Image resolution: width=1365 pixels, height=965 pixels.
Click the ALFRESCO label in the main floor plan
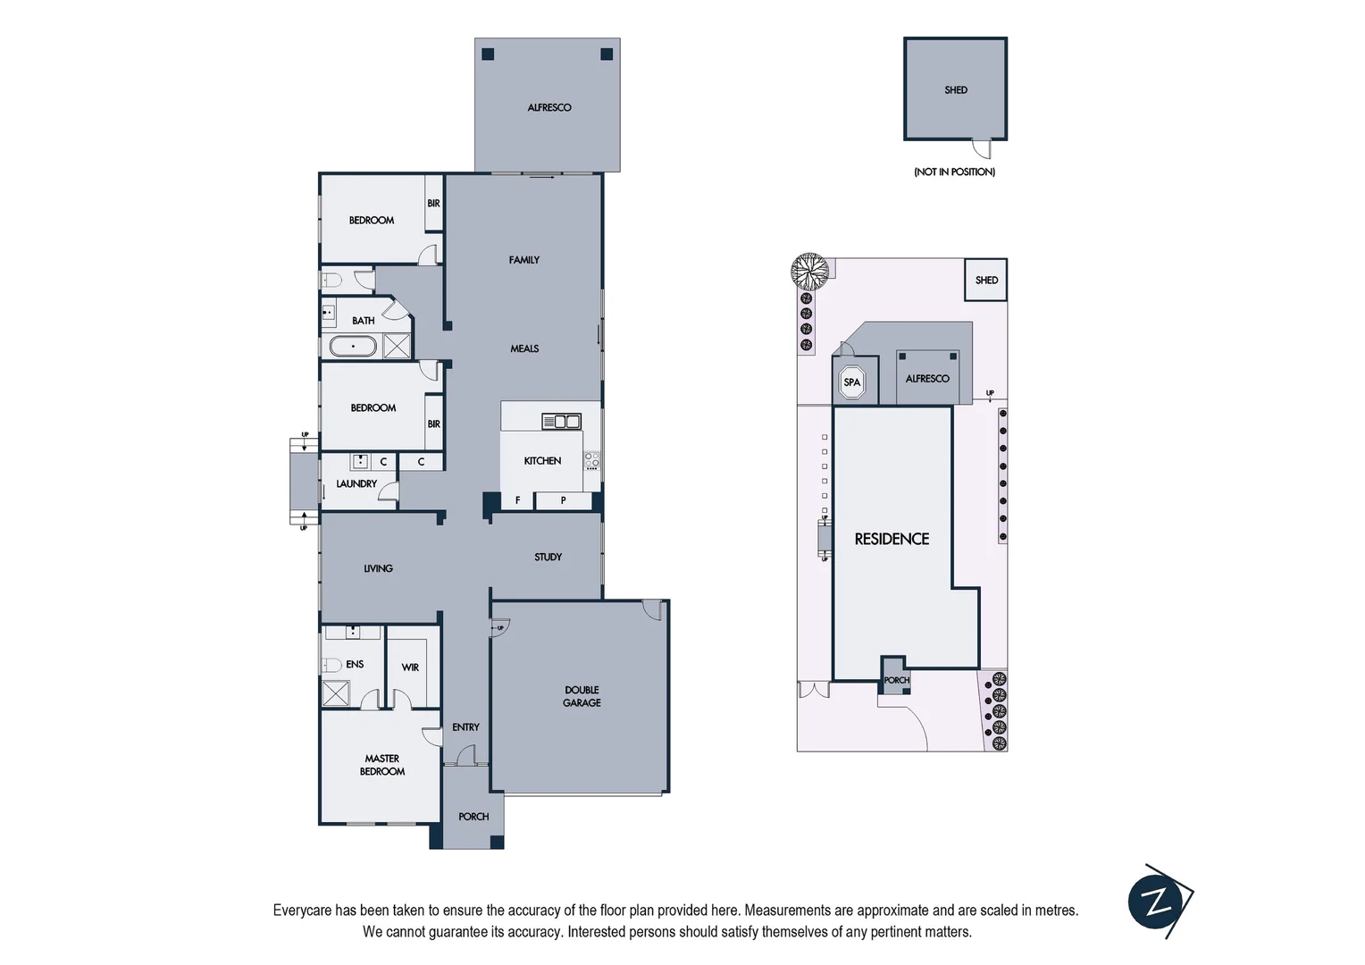pos(549,107)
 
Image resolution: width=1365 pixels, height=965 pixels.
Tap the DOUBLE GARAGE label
pos(582,696)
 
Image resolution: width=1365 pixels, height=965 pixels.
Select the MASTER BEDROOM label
pos(382,765)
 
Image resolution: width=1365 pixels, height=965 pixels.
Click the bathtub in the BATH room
pos(352,346)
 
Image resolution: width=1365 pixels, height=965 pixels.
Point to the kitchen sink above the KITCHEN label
pos(561,421)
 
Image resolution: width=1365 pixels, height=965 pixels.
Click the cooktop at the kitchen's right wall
pos(591,461)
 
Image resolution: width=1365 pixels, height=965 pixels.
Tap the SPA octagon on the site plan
pos(852,382)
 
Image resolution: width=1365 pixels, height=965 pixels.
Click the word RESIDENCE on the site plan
pos(892,539)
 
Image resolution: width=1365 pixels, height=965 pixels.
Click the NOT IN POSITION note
pos(954,172)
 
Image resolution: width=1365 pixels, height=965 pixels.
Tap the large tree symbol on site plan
pos(809,270)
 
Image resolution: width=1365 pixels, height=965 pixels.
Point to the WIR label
pos(410,667)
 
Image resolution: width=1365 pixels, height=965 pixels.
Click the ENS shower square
pos(336,693)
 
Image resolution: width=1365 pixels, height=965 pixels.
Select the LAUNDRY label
pos(356,483)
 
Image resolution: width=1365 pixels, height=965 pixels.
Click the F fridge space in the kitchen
pos(517,500)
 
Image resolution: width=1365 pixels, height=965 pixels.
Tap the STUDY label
pos(548,557)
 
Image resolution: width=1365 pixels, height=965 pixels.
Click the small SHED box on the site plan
pos(986,280)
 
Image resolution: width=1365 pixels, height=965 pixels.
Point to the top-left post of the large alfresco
pos(488,55)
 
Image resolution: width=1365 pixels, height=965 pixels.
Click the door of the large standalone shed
pos(982,147)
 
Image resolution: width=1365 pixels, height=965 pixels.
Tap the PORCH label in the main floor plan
pos(473,817)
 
